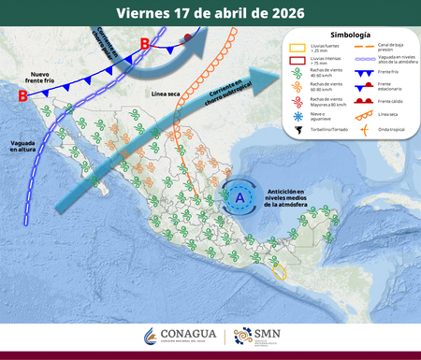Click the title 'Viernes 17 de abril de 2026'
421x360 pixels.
click(210, 13)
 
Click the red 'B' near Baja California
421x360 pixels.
click(22, 95)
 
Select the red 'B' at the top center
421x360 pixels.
click(144, 44)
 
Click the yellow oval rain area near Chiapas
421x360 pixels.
click(279, 272)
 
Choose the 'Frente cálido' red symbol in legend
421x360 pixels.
click(365, 101)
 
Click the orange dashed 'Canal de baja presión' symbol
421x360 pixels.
click(365, 46)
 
